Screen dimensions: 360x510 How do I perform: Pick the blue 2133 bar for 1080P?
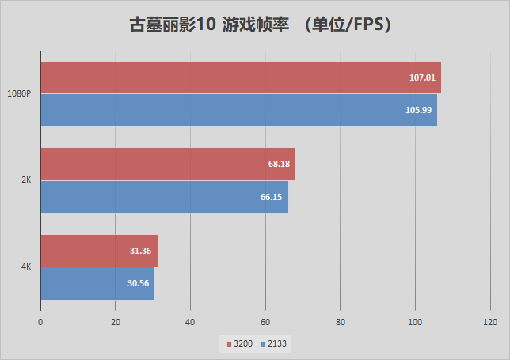pyautogui.click(x=238, y=110)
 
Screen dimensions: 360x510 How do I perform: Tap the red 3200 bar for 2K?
pyautogui.click(x=167, y=164)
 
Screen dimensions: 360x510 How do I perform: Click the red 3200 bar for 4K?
pyautogui.click(x=99, y=251)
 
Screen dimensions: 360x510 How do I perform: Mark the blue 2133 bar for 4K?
pyautogui.click(x=97, y=283)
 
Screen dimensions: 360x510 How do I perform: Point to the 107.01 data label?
pyautogui.click(x=420, y=78)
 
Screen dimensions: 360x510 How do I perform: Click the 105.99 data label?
pyautogui.click(x=417, y=110)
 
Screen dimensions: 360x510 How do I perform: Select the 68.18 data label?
pyautogui.click(x=279, y=164)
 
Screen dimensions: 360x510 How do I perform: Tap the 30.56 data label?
pyautogui.click(x=139, y=283)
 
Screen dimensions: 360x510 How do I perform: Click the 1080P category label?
pyautogui.click(x=19, y=93)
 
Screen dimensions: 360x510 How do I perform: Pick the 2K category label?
pyautogui.click(x=26, y=180)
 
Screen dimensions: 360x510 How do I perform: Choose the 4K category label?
pyautogui.click(x=26, y=267)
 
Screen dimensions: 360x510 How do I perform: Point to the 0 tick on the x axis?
pyautogui.click(x=40, y=322)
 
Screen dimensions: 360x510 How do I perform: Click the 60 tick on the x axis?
pyautogui.click(x=265, y=322)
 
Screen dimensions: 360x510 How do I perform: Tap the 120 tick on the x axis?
pyautogui.click(x=489, y=322)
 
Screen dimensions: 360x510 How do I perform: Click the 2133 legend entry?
pyautogui.click(x=276, y=343)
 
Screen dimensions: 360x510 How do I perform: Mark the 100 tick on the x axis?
pyautogui.click(x=415, y=322)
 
